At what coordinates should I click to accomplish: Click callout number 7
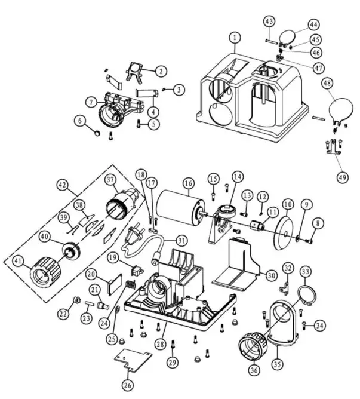pos(90,102)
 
